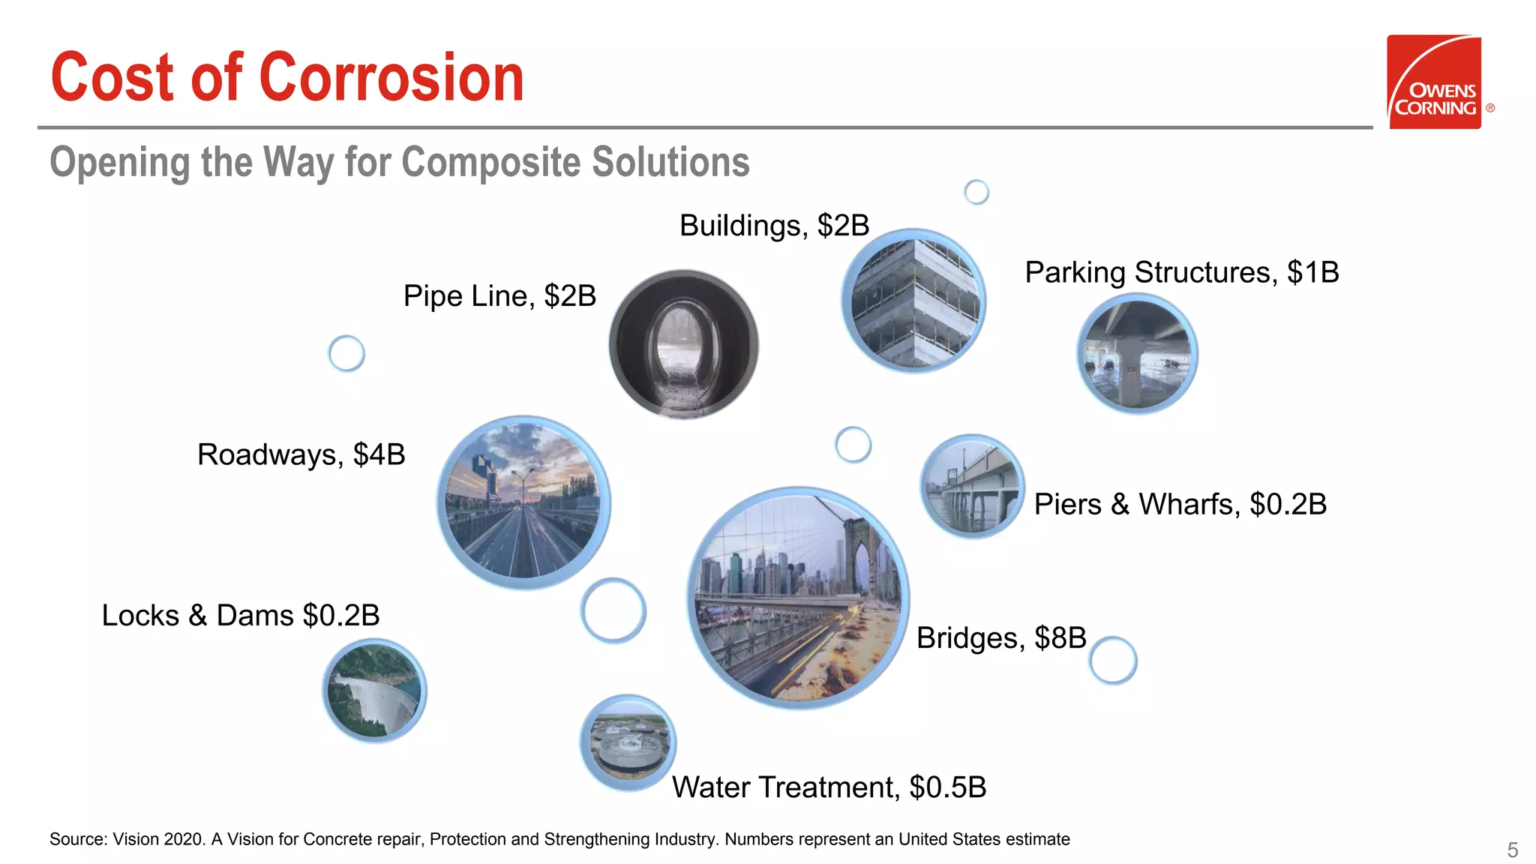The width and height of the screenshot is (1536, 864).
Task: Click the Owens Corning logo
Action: pyautogui.click(x=1434, y=82)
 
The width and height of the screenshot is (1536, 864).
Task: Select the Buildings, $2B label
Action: pyautogui.click(x=774, y=226)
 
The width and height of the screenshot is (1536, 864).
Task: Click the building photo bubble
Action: pyautogui.click(x=913, y=301)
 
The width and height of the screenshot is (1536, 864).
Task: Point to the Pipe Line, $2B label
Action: pyautogui.click(x=499, y=296)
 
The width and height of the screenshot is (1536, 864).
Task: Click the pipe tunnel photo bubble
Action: pyautogui.click(x=683, y=344)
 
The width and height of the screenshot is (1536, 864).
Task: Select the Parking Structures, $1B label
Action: pyautogui.click(x=1181, y=272)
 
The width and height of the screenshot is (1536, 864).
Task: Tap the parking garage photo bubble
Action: pyautogui.click(x=1137, y=354)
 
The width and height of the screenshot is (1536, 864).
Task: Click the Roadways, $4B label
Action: pyautogui.click(x=301, y=454)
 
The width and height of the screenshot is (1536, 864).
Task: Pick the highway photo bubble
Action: pyautogui.click(x=523, y=502)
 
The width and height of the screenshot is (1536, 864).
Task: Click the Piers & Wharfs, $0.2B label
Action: pyautogui.click(x=1180, y=504)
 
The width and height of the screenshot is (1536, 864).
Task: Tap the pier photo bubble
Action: pyautogui.click(x=972, y=486)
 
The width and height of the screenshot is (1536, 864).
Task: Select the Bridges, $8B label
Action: pyautogui.click(x=1001, y=638)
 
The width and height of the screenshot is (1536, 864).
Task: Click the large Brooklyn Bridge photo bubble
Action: pyautogui.click(x=798, y=598)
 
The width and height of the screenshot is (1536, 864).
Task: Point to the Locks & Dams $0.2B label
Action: pyautogui.click(x=240, y=616)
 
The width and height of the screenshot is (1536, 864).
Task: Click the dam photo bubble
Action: pyautogui.click(x=374, y=691)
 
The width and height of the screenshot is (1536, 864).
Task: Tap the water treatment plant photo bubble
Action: pyautogui.click(x=628, y=742)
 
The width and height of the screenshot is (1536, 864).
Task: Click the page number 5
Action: pyautogui.click(x=1512, y=850)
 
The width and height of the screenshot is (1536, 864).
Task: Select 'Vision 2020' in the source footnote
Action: pyautogui.click(x=157, y=839)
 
